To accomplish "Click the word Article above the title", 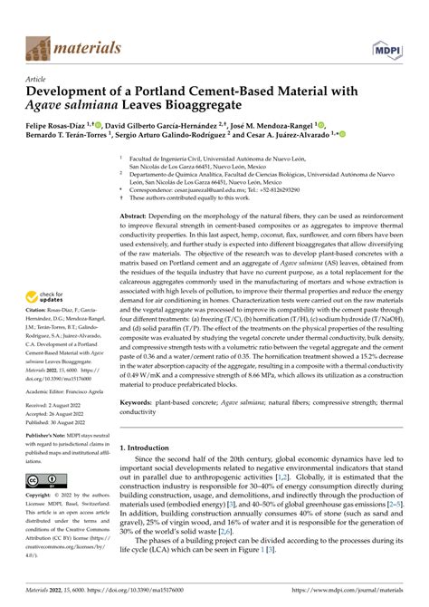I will pyautogui.click(x=39, y=80).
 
